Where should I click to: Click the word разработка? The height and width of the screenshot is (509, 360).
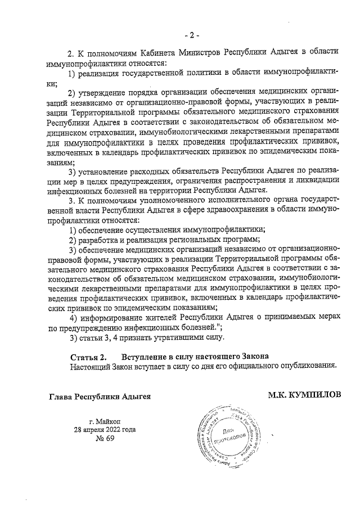coord(99,240)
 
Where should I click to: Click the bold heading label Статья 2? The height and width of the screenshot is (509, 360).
coord(88,357)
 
